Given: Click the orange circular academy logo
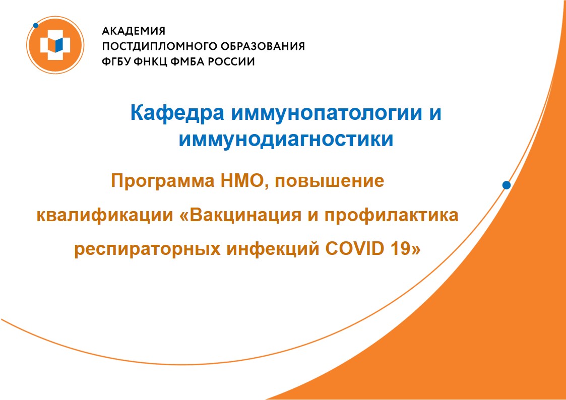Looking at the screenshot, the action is point(55,45).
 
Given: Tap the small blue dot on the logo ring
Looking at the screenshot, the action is point(36,26).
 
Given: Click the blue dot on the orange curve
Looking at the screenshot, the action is point(507,185).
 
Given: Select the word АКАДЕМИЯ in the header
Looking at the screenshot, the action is point(134,31).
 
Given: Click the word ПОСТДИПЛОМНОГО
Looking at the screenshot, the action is point(155,46).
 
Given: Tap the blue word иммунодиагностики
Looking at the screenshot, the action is point(286,139).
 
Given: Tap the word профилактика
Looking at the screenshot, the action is point(391,216).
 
